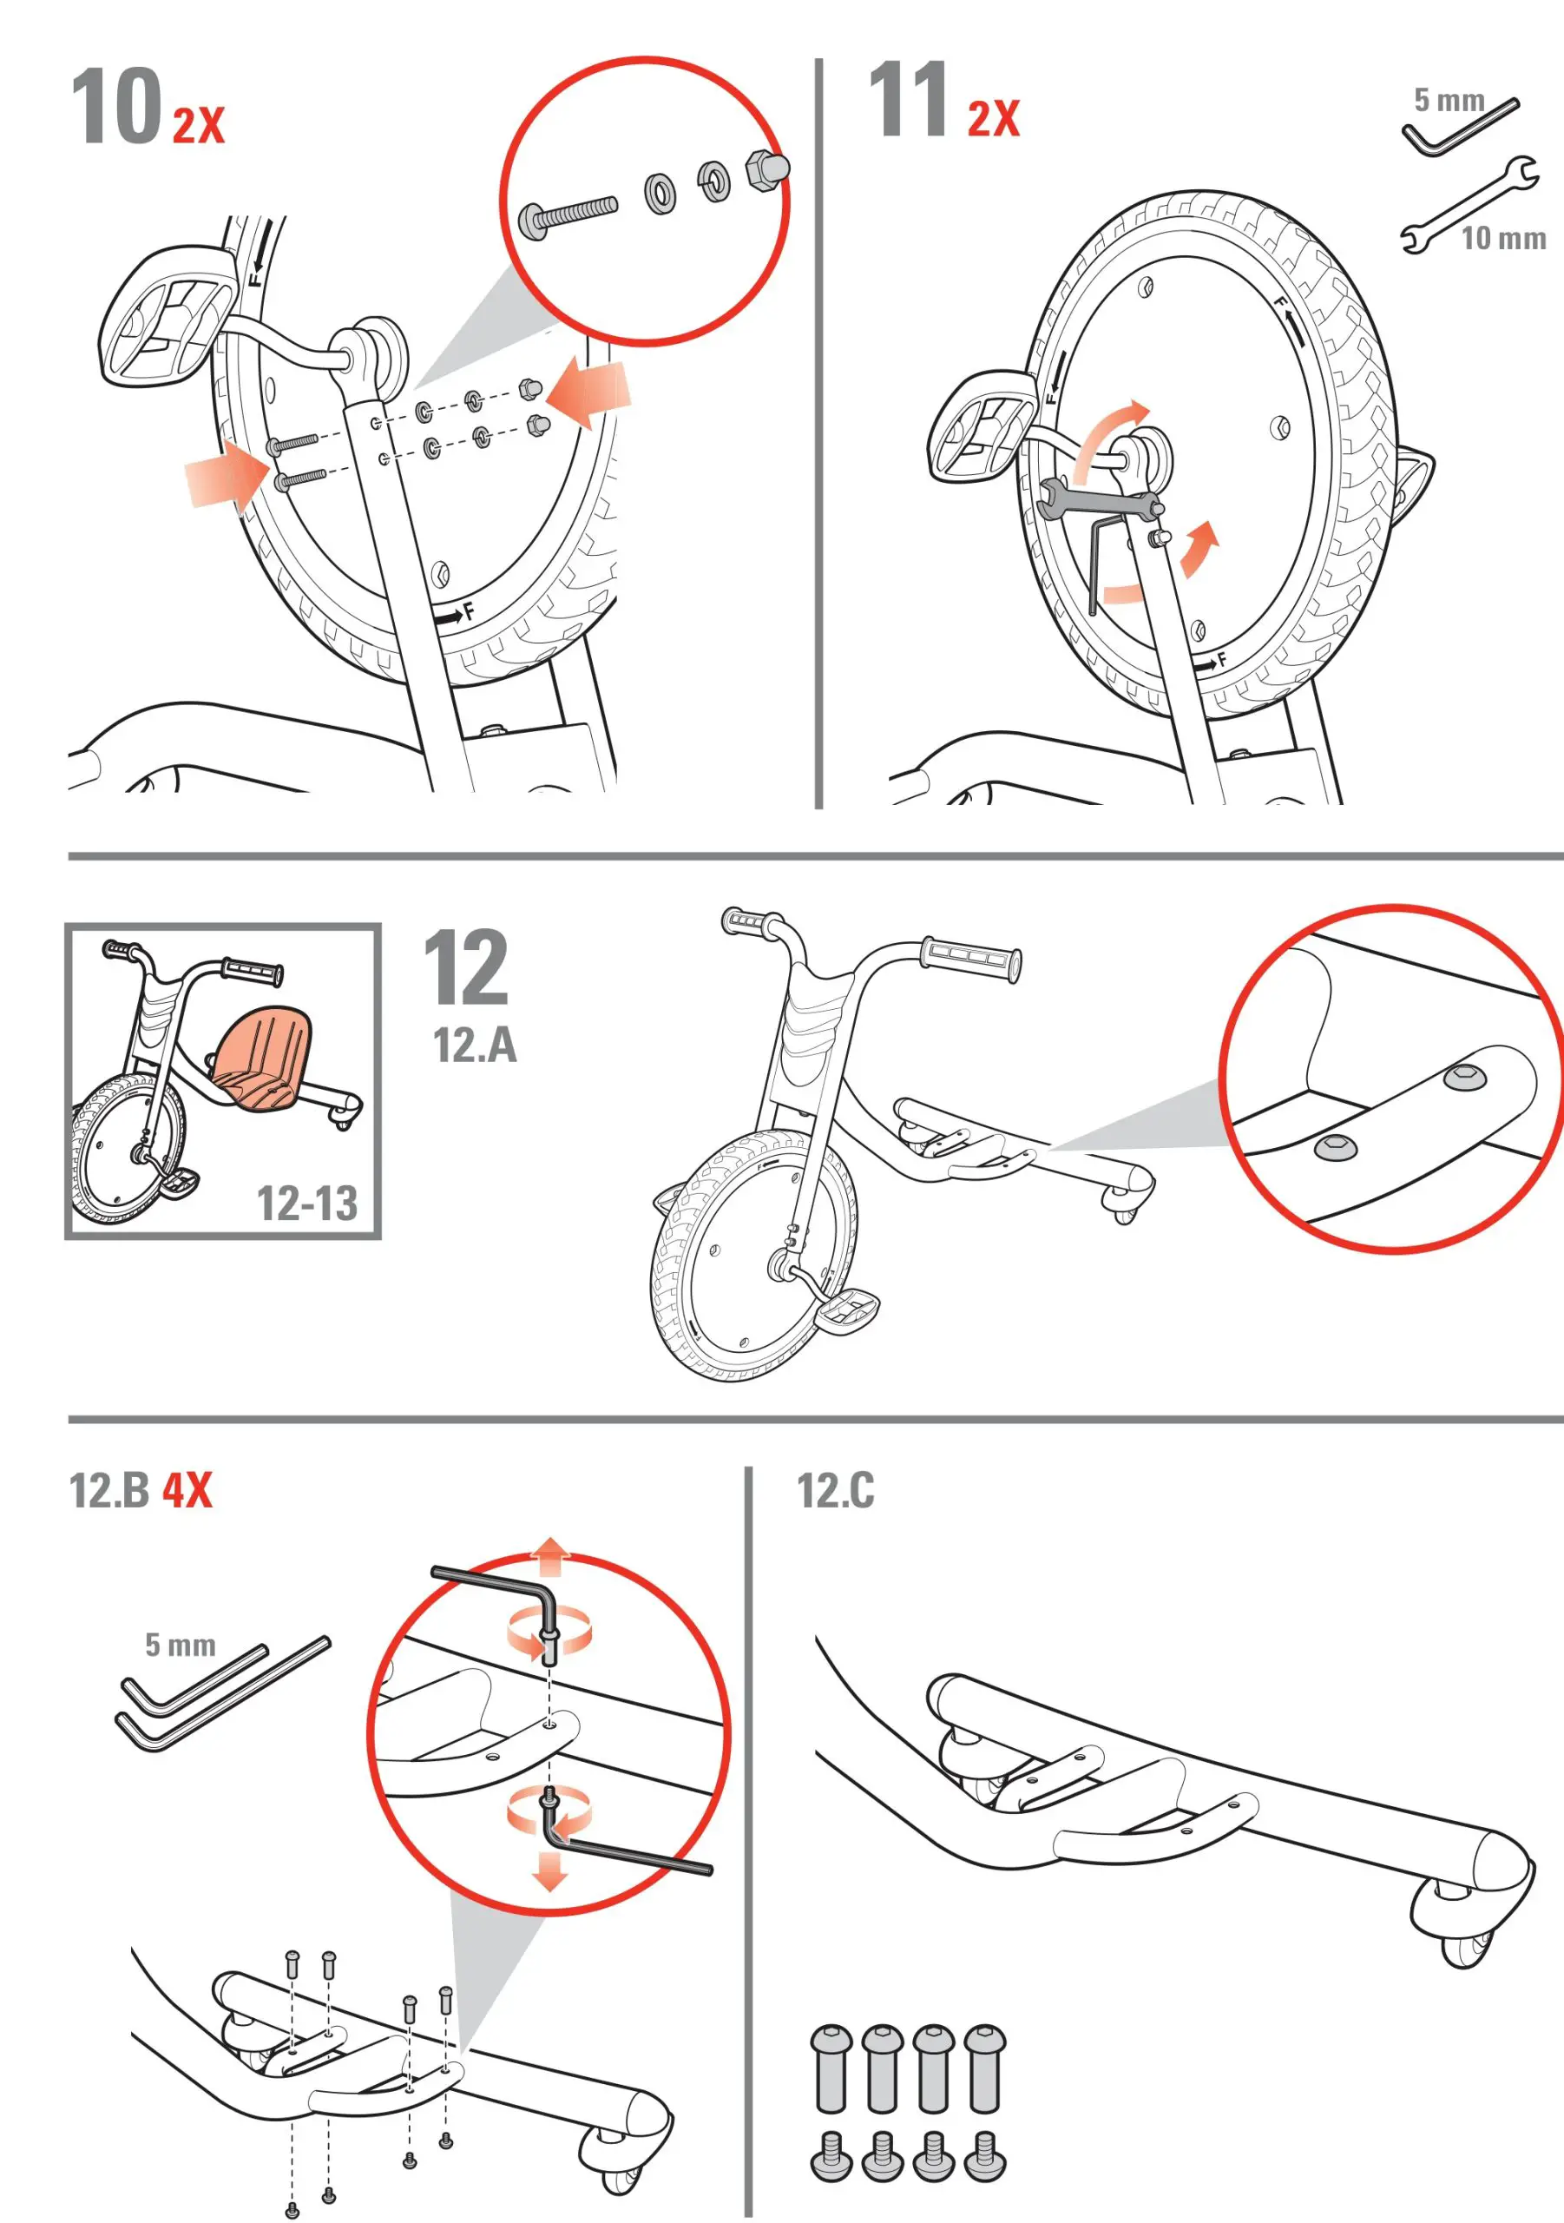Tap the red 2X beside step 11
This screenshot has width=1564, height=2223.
pos(993,119)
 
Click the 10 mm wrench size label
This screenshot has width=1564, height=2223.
pos(1503,238)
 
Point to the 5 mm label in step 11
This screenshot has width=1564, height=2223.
pos(1448,100)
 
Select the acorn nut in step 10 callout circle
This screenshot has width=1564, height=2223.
pos(767,169)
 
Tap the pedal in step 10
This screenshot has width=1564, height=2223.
pos(167,314)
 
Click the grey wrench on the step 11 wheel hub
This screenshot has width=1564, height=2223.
pos(1099,500)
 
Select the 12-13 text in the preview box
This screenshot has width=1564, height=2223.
pos(306,1204)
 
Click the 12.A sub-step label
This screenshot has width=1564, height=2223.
pos(474,1046)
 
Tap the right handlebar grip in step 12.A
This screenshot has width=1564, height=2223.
pos(970,959)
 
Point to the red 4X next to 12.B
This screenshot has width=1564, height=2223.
pos(187,1490)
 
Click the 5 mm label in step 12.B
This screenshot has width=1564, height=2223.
pos(180,1645)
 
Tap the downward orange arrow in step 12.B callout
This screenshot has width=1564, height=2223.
pos(549,1870)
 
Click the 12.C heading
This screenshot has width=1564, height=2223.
pos(835,1491)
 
